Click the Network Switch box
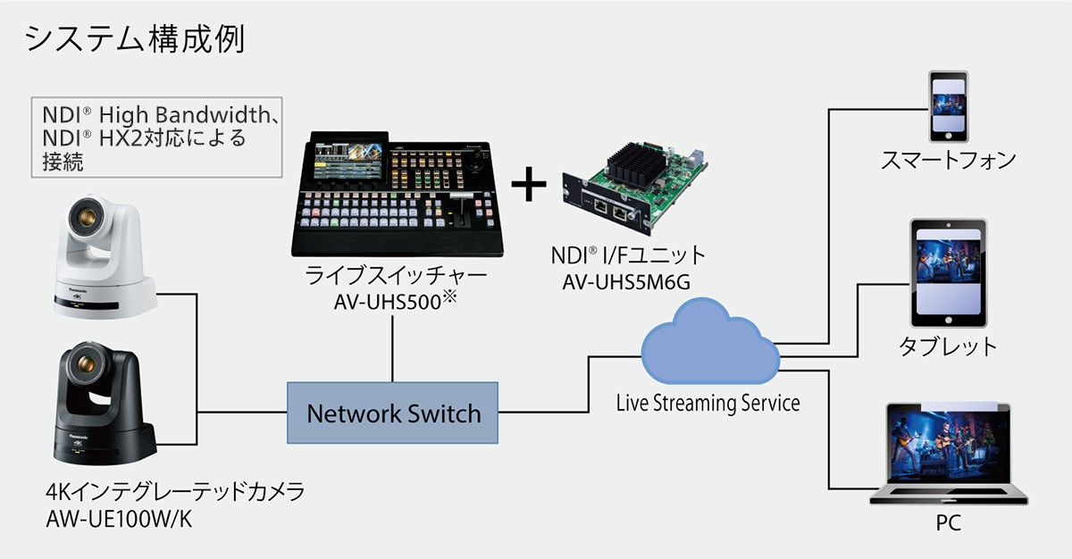pos(392,413)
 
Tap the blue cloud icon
pos(710,344)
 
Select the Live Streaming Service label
pos(708,404)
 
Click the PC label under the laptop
pos(948,523)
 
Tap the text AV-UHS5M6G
pos(628,283)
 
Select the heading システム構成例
pos(134,38)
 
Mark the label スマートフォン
pos(948,161)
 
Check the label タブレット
pos(948,346)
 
